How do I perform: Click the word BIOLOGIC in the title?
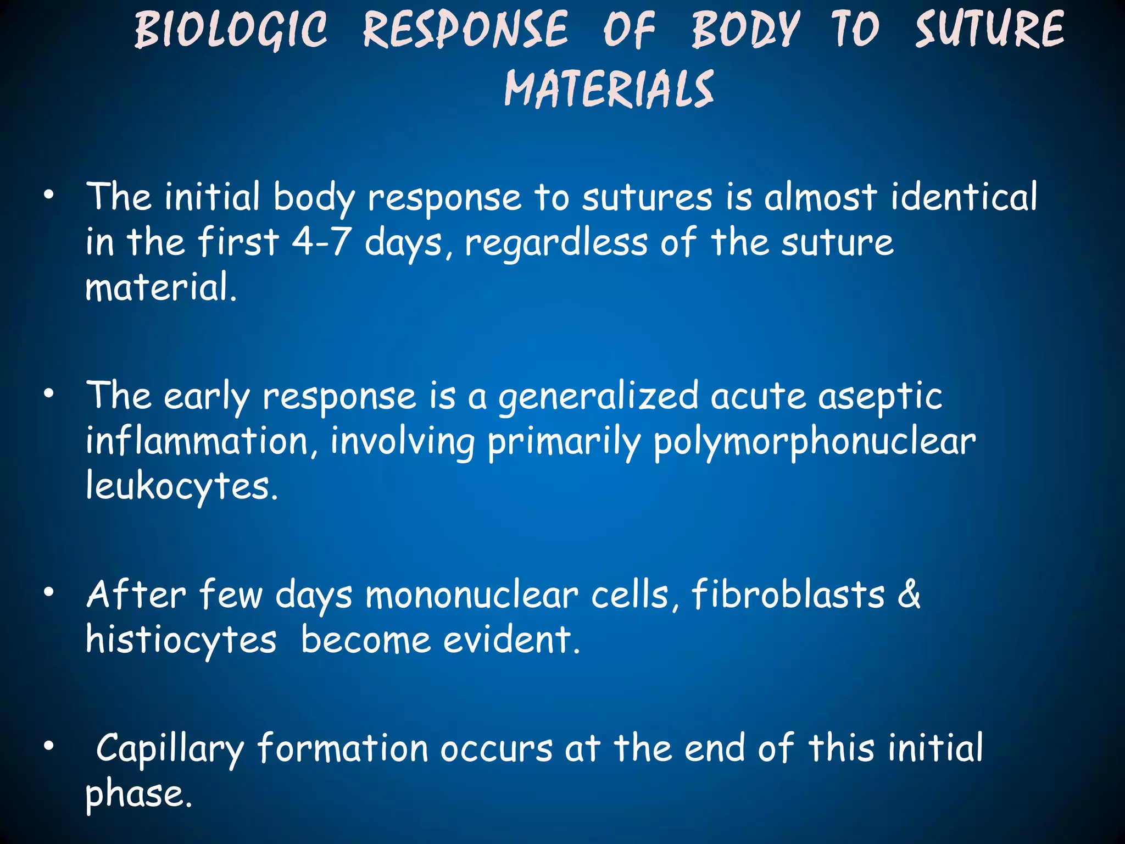tap(231, 30)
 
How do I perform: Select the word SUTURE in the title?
tap(989, 30)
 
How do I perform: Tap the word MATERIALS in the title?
tap(609, 89)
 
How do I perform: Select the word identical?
tap(964, 197)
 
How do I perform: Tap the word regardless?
tap(556, 243)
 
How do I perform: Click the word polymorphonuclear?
tap(814, 442)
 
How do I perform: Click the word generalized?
tap(598, 397)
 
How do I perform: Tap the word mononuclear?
tap(472, 596)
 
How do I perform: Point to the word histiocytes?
tap(181, 641)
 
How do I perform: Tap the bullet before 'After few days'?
tap(49, 592)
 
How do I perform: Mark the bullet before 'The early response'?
tap(49, 393)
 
